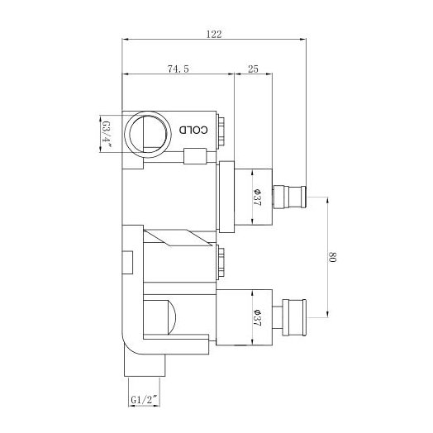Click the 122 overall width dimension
click(x=215, y=34)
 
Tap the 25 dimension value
click(x=254, y=70)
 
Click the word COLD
click(x=188, y=131)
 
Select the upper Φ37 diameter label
click(x=258, y=199)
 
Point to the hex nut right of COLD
click(x=226, y=131)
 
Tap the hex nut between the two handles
click(x=224, y=264)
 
